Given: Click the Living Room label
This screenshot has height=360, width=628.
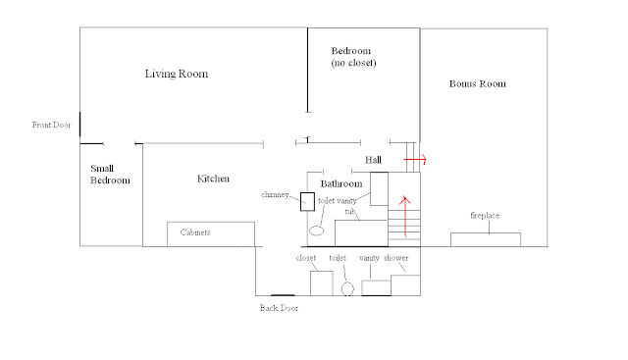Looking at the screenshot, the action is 177,74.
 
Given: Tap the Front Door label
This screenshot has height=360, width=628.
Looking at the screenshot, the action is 52,125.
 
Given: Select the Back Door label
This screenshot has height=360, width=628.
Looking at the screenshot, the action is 279,308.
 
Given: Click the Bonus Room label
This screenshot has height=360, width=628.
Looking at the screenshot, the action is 478,83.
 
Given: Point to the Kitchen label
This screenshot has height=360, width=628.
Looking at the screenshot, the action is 213,179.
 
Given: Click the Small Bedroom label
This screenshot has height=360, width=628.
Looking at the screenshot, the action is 110,175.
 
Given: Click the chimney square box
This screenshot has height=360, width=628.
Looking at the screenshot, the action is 307,201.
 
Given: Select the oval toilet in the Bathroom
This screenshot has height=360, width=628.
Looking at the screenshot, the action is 316,231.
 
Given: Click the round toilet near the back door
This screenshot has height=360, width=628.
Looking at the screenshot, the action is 347,288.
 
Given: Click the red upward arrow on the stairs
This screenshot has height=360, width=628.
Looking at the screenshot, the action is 405,216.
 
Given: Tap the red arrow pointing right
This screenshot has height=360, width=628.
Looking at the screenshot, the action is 415,159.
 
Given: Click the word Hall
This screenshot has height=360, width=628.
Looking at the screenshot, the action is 373,160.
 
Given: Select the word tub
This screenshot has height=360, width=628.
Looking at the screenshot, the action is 350,212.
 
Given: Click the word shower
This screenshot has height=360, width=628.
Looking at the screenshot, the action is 396,258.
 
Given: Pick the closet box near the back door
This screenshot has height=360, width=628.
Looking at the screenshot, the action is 322,283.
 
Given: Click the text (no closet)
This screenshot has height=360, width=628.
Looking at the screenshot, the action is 353,63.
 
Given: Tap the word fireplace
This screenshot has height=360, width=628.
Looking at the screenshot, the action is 485,216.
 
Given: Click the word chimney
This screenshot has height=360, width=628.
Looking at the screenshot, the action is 275,194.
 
